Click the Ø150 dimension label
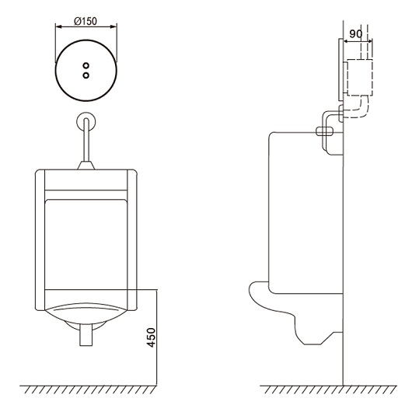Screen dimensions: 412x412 pyautogui.click(x=86, y=21)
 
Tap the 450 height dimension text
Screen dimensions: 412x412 pyautogui.click(x=151, y=337)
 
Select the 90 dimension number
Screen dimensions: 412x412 pyautogui.click(x=356, y=33)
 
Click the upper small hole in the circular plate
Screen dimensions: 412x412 pyautogui.click(x=86, y=65)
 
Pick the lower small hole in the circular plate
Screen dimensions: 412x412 pyautogui.click(x=86, y=75)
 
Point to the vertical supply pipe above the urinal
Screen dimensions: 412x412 pyautogui.click(x=86, y=139)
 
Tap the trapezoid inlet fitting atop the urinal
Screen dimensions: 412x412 pyautogui.click(x=86, y=166)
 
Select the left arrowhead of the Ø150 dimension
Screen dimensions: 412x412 pyautogui.click(x=58, y=26)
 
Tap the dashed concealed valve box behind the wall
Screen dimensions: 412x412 pyautogui.click(x=359, y=78)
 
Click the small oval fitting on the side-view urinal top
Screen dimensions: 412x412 pyautogui.click(x=324, y=131)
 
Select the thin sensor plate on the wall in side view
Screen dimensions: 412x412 pyautogui.click(x=340, y=70)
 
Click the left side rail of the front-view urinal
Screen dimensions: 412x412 pyautogui.click(x=40, y=240)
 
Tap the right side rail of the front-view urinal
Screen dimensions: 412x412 pyautogui.click(x=132, y=240)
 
